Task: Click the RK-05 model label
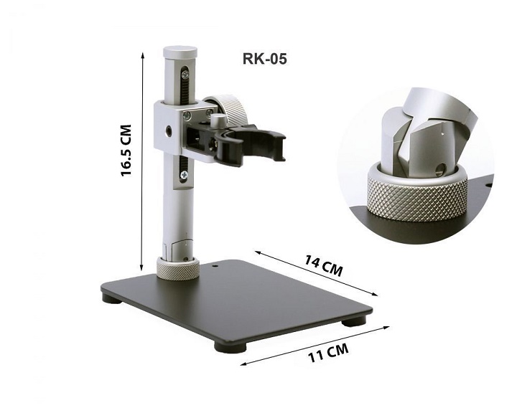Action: point(264,59)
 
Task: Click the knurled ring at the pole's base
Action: point(178,269)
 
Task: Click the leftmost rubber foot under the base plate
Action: point(111,297)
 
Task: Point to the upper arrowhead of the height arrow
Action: point(145,54)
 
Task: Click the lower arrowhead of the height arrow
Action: point(145,262)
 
